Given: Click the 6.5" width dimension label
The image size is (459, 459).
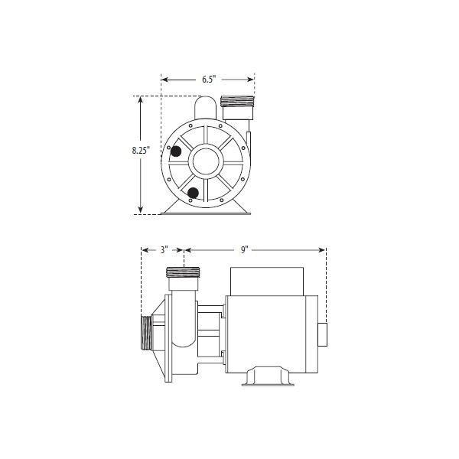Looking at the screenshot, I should coord(208,78).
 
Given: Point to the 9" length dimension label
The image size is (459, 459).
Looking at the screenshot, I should coord(245,249).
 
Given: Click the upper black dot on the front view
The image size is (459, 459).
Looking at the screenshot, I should coord(176,151).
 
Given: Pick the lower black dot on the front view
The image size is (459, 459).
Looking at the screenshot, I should coord(194,192).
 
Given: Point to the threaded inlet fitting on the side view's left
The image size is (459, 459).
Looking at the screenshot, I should coord(145,334).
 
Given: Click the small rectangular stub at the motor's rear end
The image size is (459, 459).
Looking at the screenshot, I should coord(321,334).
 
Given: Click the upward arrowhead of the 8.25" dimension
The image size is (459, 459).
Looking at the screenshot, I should coord(142,99).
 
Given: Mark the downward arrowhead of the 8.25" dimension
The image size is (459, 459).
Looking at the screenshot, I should coord(142,212).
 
